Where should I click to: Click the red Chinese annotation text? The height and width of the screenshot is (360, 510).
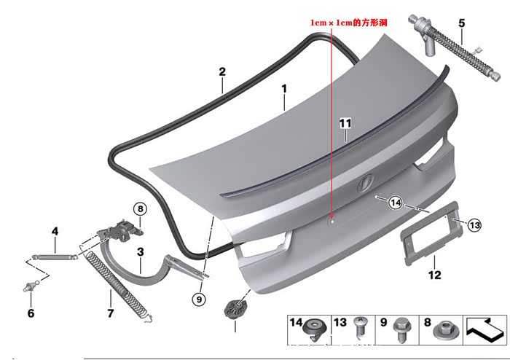coord(347,23)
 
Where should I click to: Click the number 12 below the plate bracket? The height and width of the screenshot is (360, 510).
coord(434,275)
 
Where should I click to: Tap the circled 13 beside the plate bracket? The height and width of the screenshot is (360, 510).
coord(474,225)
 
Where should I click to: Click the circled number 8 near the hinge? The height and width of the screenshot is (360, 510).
coord(140,208)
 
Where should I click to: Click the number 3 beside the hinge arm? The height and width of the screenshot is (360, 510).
coord(140,251)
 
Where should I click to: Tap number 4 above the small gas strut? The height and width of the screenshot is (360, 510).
coord(54,232)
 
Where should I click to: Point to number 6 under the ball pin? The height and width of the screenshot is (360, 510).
coord(31,313)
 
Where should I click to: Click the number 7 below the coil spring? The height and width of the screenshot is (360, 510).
coord(111,313)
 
